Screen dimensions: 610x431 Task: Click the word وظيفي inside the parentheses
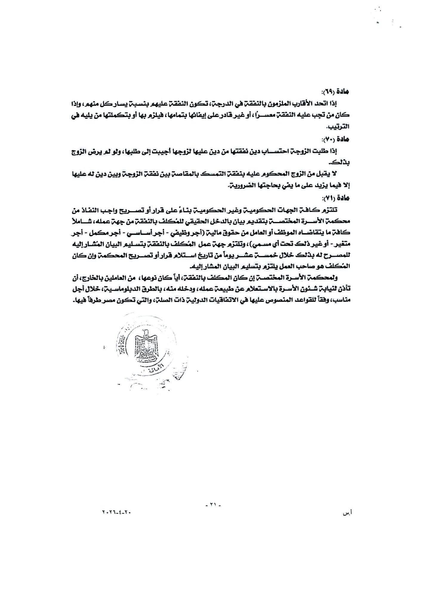(x=175, y=234)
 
